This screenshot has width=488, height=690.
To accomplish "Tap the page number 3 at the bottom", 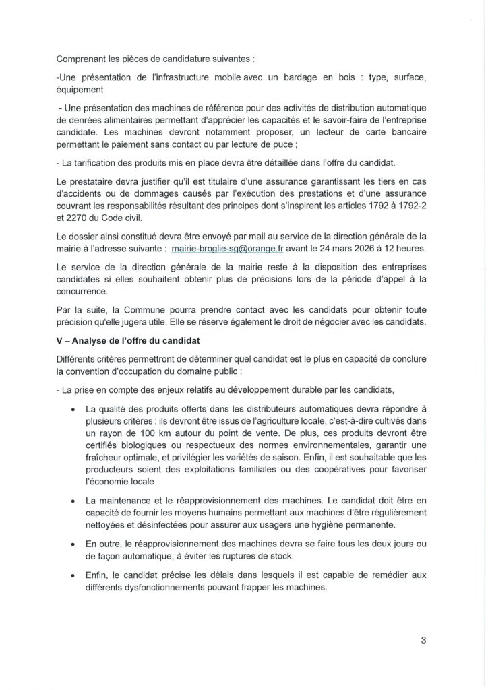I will point(423,641).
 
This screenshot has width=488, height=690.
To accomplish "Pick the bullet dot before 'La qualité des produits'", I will point(73,409).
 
